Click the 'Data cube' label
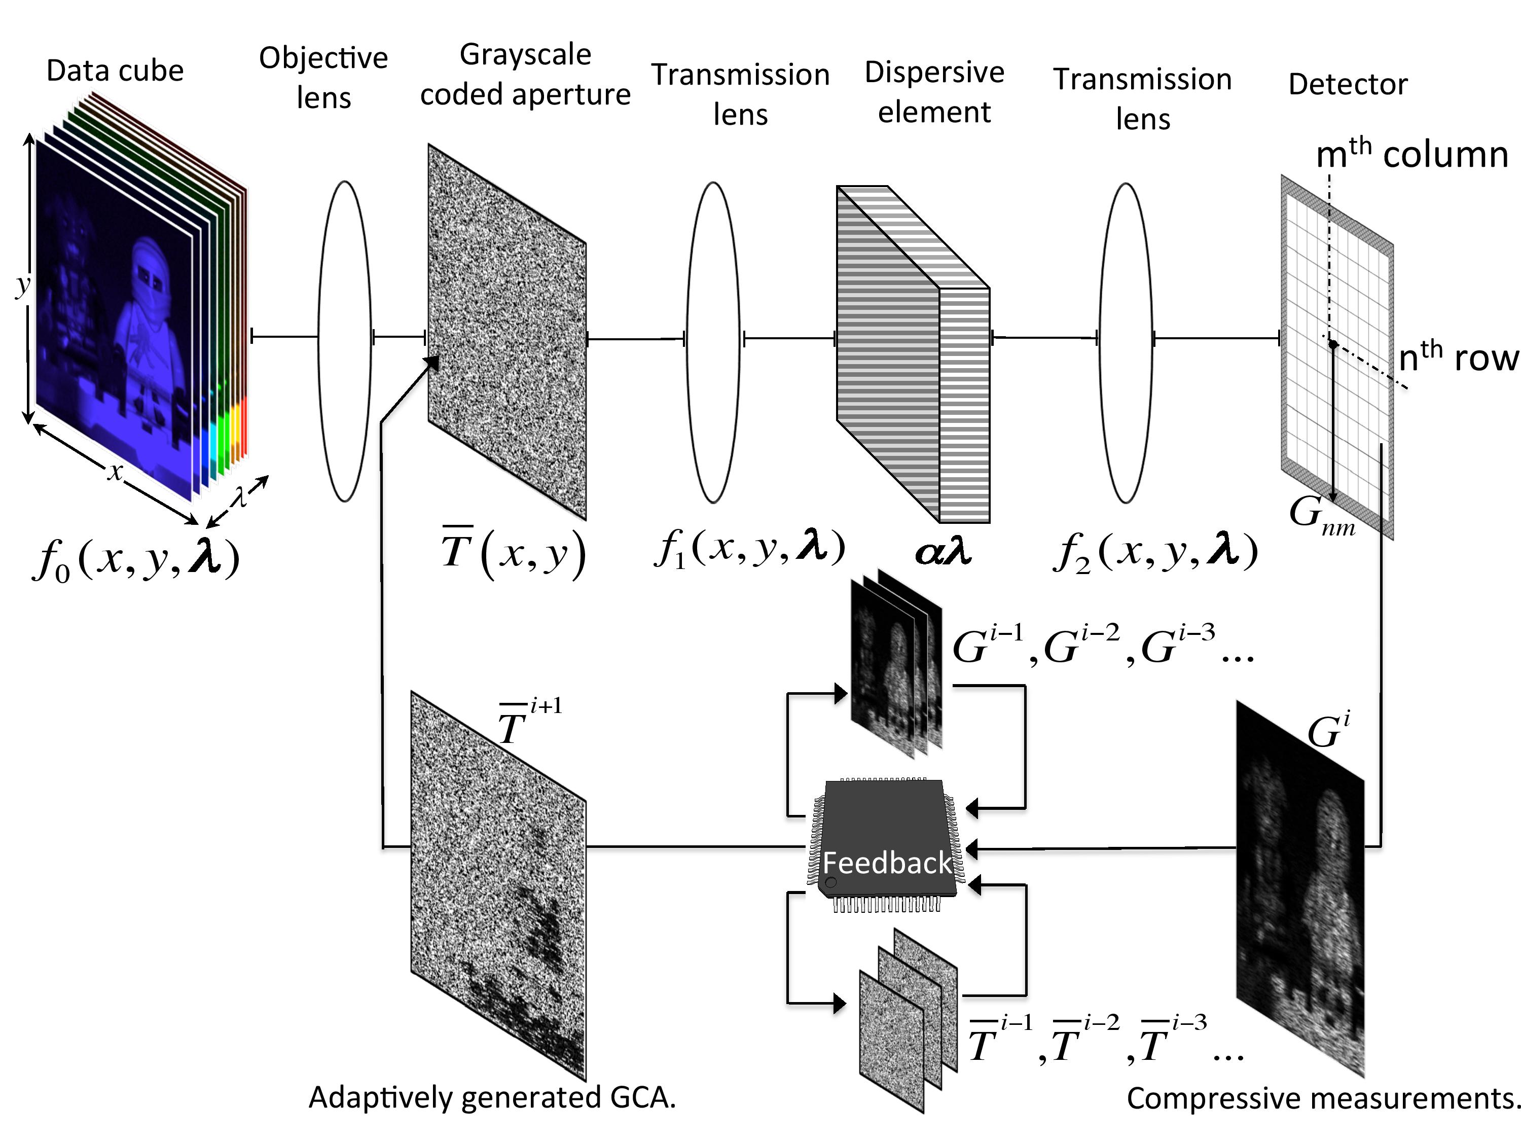[115, 71]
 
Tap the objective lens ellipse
[344, 340]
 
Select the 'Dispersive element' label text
[934, 91]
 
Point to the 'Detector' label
[1347, 84]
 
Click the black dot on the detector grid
[1332, 343]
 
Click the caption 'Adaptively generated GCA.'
[492, 1097]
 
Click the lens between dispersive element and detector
[1125, 342]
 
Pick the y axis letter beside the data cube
[23, 283]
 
